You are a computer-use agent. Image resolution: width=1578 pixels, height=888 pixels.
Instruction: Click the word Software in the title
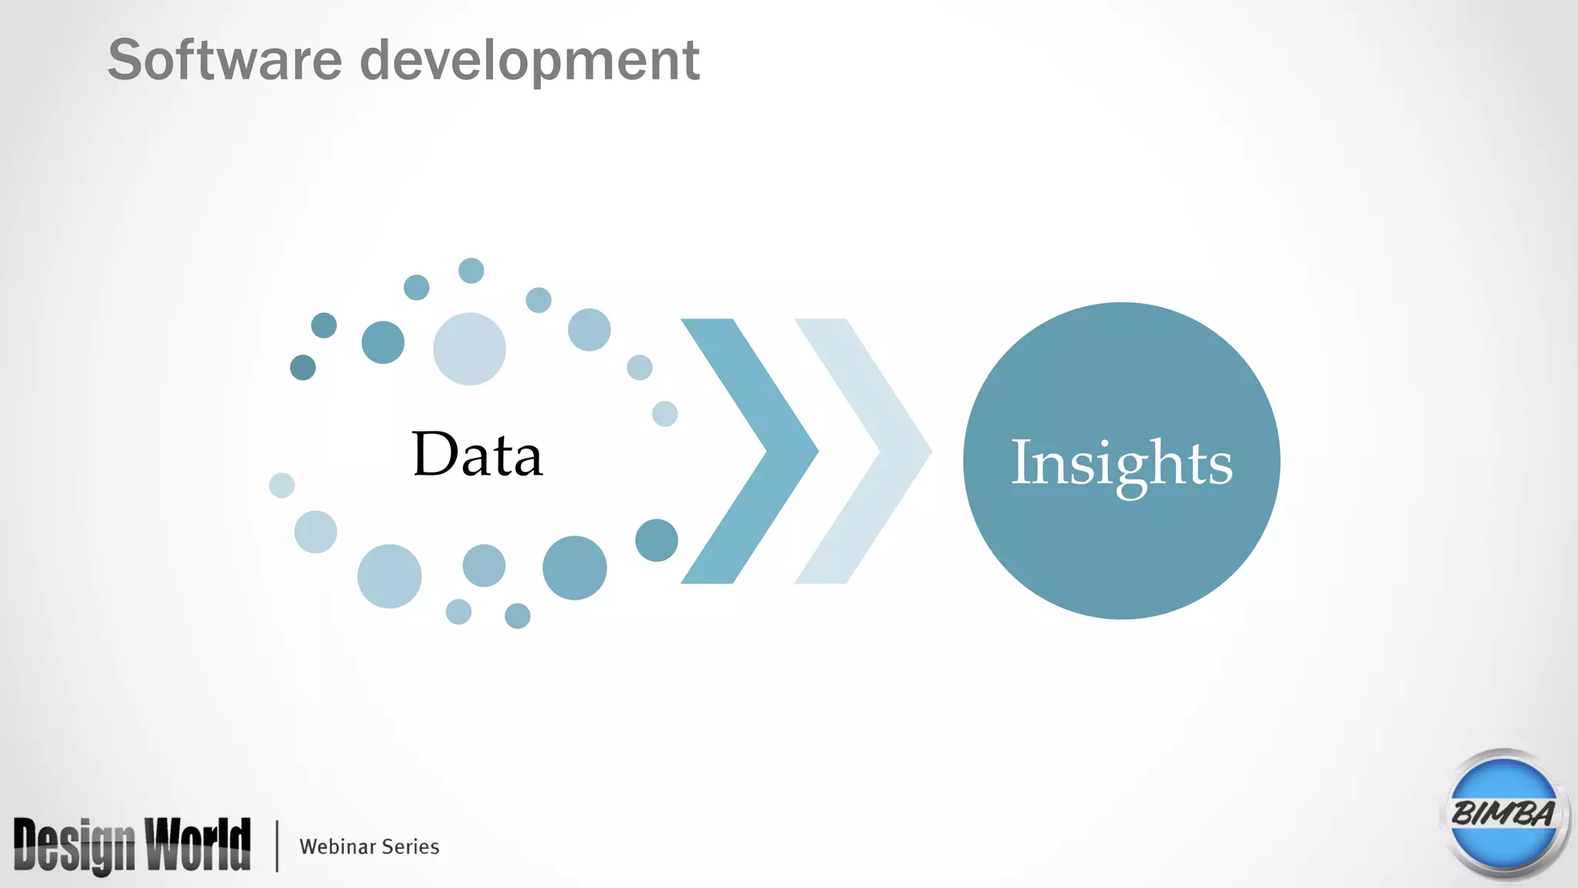point(224,60)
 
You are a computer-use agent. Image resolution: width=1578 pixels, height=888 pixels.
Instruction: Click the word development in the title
point(529,62)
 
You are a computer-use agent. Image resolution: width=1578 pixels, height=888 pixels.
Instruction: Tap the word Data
point(477,454)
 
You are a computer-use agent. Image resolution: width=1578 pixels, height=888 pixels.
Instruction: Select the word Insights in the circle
point(1121,463)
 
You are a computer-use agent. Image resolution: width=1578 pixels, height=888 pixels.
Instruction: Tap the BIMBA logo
point(1503,814)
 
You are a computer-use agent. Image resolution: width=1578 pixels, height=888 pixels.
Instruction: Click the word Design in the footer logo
point(74,846)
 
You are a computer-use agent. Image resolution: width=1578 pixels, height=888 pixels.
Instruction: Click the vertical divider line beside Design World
point(277,846)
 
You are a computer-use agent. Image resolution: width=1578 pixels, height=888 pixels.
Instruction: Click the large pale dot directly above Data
point(469,348)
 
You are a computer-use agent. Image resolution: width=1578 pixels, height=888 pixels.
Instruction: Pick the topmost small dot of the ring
point(471,271)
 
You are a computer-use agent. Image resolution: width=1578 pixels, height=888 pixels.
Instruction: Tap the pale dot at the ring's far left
point(282,486)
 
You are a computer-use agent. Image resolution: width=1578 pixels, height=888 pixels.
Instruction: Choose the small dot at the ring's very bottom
point(517,616)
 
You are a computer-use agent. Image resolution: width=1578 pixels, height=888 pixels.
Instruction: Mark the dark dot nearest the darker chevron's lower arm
point(656,540)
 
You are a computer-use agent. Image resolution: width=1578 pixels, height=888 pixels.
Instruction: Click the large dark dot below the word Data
point(574,567)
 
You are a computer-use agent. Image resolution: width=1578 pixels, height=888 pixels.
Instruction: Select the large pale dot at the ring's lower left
point(389,576)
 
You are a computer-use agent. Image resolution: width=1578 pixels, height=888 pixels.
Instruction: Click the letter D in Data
point(435,454)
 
